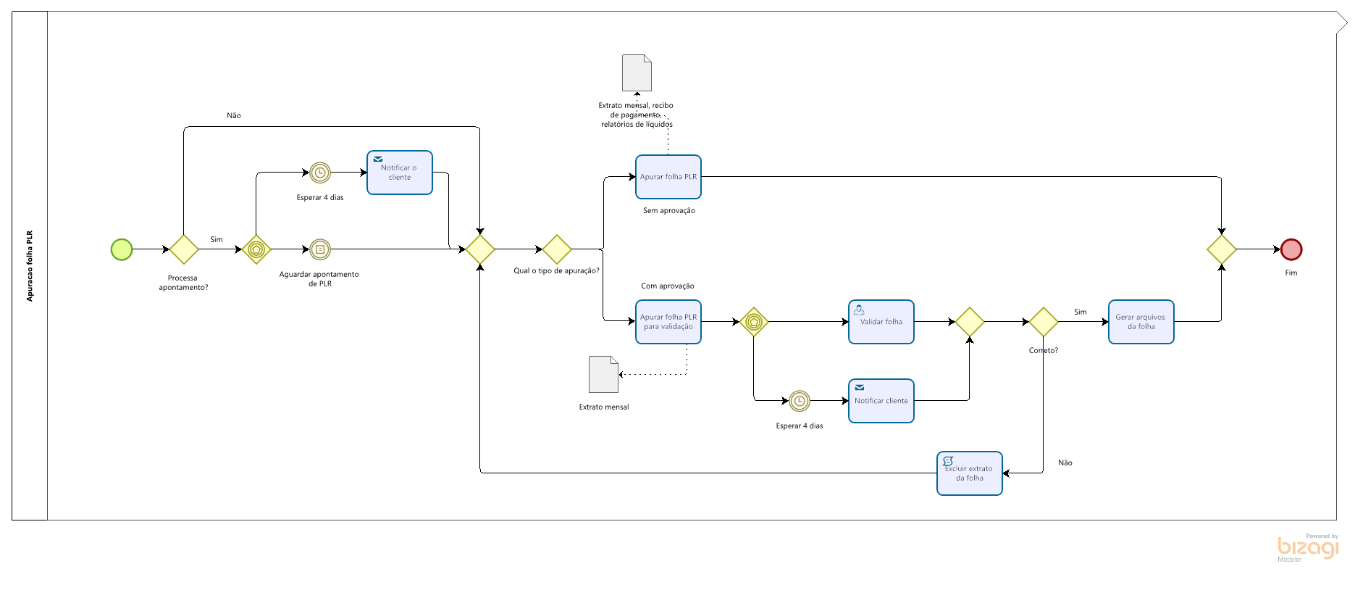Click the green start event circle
tap(122, 249)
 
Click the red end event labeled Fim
tap(1291, 249)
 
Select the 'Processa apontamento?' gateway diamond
tap(184, 249)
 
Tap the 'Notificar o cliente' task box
tap(400, 173)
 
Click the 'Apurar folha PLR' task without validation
tap(668, 177)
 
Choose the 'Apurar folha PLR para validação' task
tap(668, 322)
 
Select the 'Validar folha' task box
tap(881, 322)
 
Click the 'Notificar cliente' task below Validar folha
tap(881, 401)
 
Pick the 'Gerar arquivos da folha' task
tap(1141, 322)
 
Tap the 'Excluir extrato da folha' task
tap(970, 473)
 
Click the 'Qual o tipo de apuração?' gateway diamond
tap(557, 249)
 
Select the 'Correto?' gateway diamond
tap(1044, 322)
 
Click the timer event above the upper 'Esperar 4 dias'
tap(320, 173)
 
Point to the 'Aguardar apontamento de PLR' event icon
tap(320, 249)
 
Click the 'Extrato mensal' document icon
tap(604, 374)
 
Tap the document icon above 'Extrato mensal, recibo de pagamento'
tap(637, 72)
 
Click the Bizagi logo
tap(1308, 547)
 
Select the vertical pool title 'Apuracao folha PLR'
tap(30, 266)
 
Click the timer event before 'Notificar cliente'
tap(800, 401)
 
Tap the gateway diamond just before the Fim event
tap(1222, 249)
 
